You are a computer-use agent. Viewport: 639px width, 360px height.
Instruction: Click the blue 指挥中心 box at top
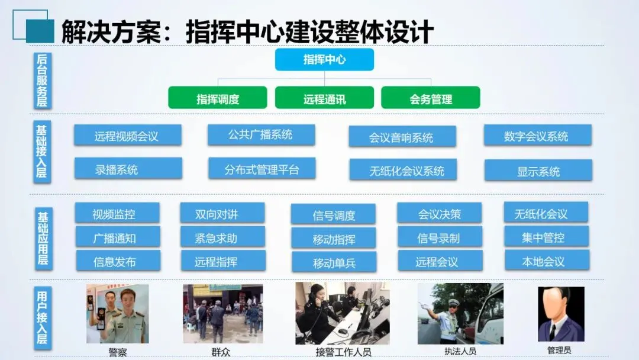point(324,59)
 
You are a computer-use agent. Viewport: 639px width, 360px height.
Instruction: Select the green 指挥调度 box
point(218,98)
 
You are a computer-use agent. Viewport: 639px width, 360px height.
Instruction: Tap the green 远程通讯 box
point(324,98)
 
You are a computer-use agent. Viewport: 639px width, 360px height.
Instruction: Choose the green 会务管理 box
point(430,98)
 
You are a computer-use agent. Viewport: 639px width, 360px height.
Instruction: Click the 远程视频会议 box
point(127,136)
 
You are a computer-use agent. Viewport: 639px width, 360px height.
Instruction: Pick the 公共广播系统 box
point(261,134)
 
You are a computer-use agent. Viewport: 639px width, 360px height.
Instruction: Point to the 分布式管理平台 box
point(262,169)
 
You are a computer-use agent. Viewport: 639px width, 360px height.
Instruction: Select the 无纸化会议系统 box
point(402,171)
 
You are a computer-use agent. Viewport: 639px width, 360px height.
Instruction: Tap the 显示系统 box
point(538,171)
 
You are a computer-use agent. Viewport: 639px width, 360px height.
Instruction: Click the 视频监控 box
point(117,213)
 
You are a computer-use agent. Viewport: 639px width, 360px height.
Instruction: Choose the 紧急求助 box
point(222,237)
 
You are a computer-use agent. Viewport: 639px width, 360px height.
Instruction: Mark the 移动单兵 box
point(334,262)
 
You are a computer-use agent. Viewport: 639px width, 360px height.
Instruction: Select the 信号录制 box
point(439,237)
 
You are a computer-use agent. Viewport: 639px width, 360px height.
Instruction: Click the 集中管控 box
point(546,237)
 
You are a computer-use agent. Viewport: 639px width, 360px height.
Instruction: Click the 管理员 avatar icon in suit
point(561,314)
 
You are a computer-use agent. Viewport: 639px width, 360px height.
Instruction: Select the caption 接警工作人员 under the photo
point(343,352)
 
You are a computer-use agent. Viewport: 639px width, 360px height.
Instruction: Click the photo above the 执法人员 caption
point(460,313)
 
